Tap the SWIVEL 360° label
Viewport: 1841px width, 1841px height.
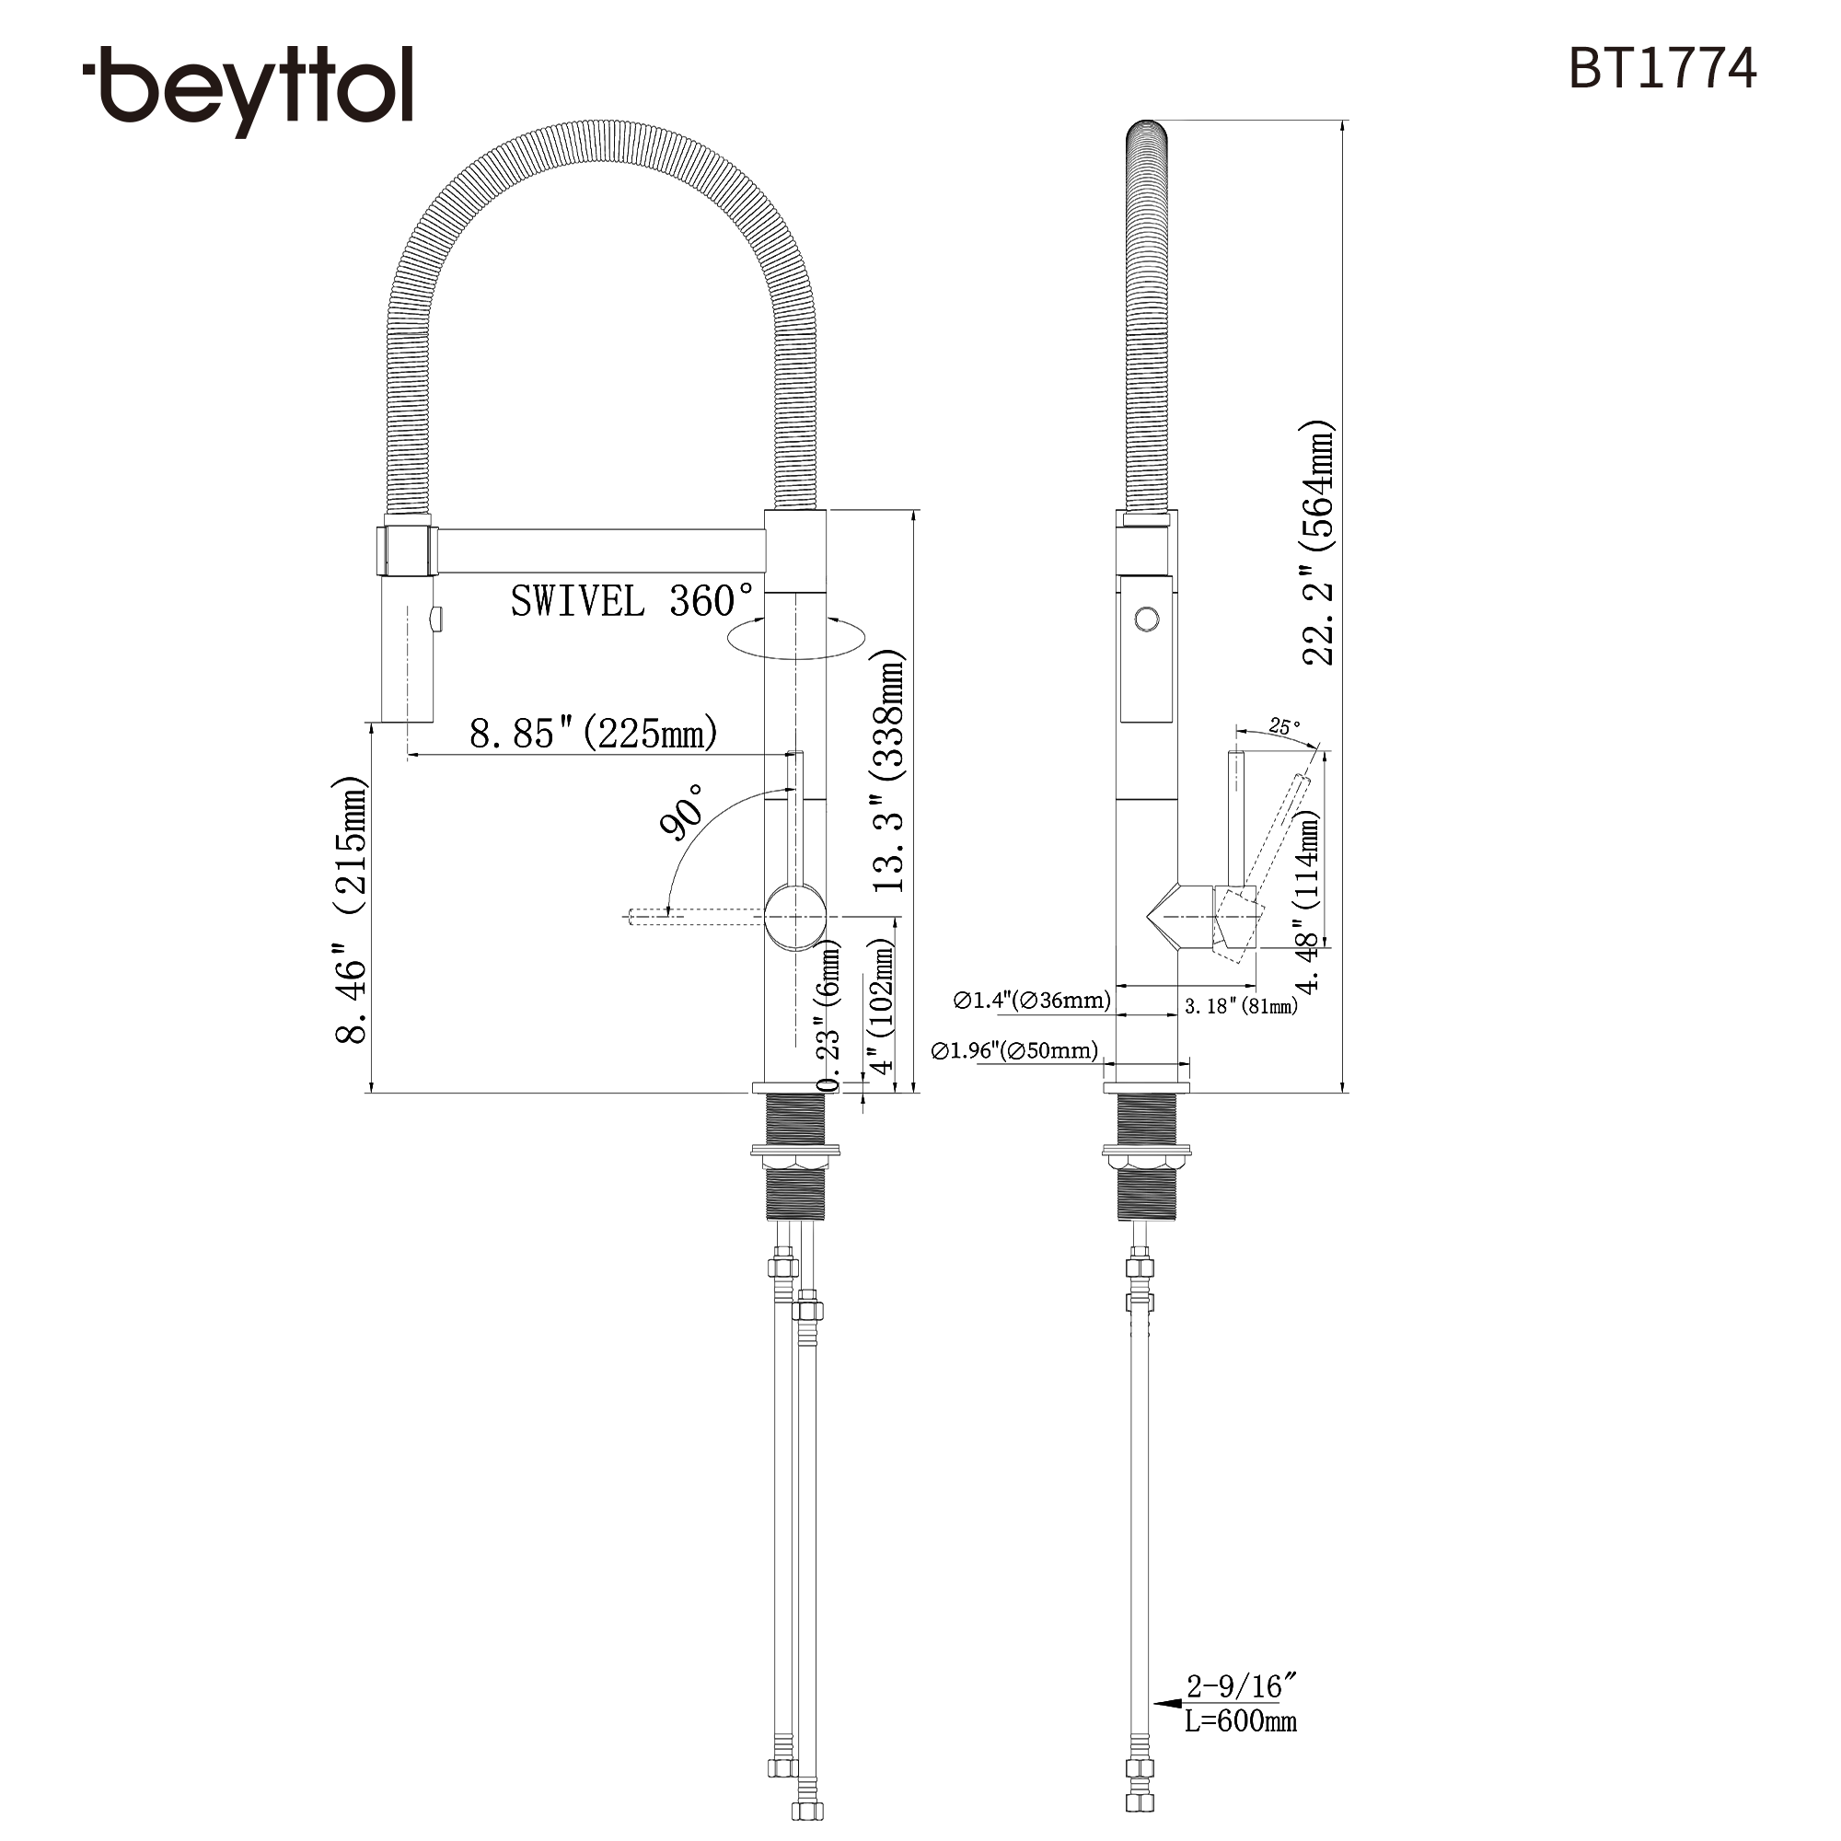pos(632,601)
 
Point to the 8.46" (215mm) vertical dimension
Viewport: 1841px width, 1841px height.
pos(351,910)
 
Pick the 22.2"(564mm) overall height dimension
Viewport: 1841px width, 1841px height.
pos(1318,543)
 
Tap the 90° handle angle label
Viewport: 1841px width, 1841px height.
pos(683,812)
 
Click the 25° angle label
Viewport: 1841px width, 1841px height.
pos(1283,727)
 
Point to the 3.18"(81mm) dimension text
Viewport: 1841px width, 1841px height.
pos(1241,1006)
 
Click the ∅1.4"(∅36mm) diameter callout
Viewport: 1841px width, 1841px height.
pos(1032,1001)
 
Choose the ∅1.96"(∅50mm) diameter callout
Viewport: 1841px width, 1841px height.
pos(1014,1051)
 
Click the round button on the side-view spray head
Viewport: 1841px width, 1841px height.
pos(1147,619)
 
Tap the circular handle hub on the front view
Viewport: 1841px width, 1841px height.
pos(795,917)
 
